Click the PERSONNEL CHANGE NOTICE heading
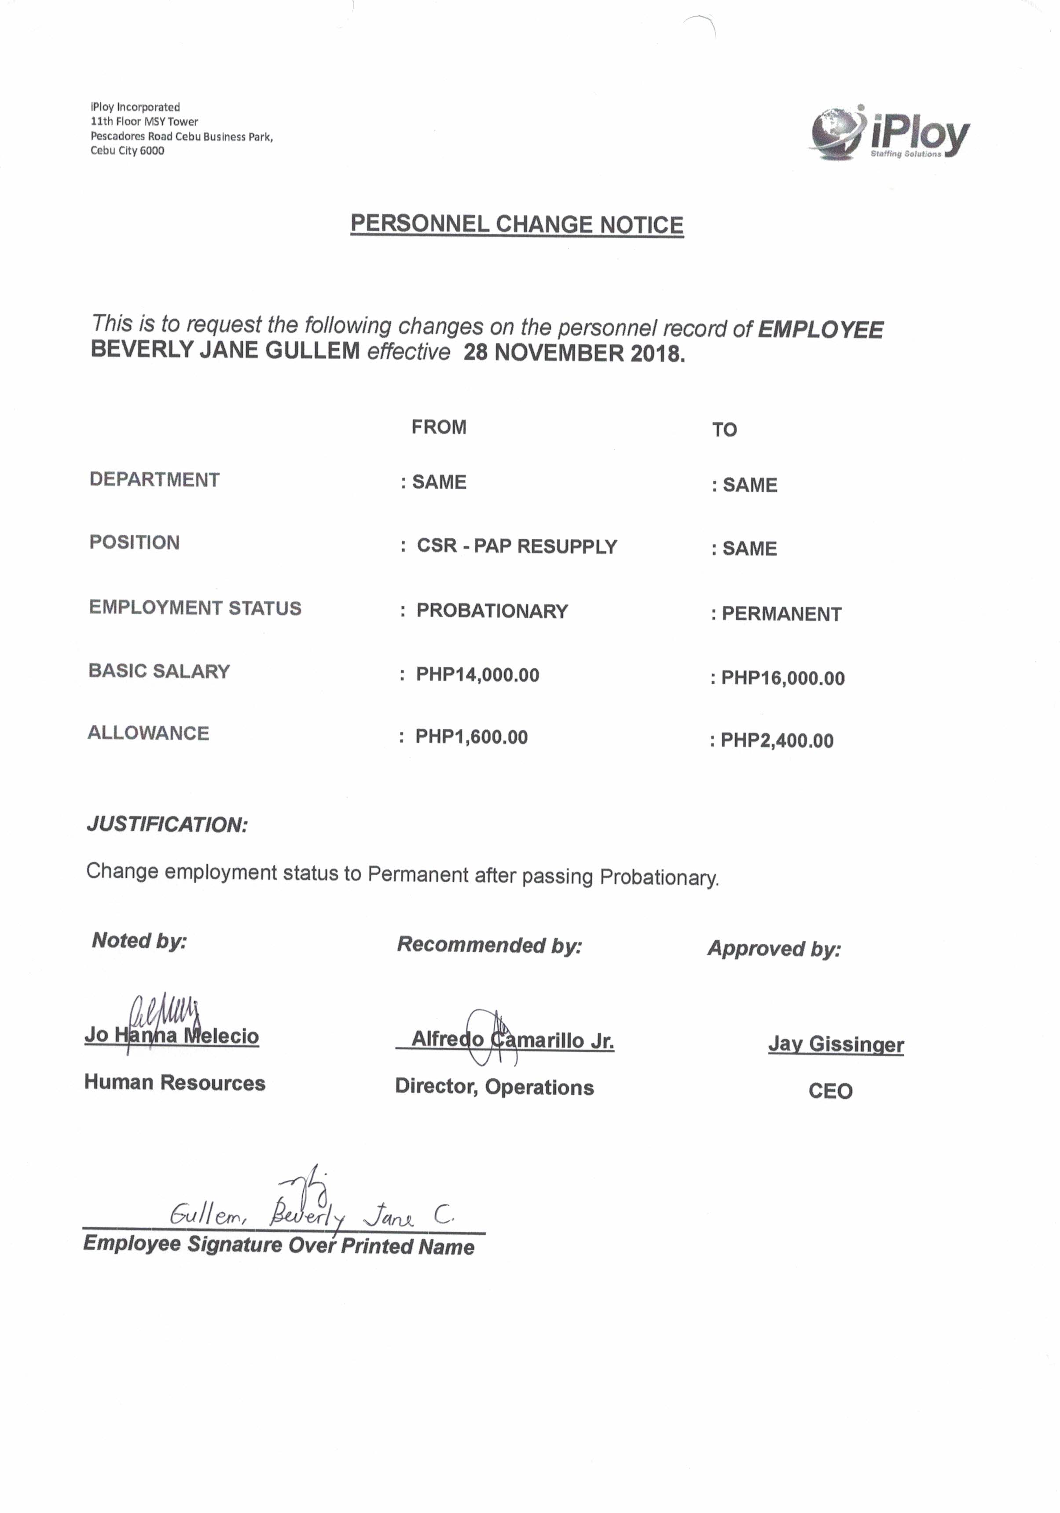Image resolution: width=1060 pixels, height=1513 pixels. [x=517, y=224]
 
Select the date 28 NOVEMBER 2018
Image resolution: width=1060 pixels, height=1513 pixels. [x=574, y=353]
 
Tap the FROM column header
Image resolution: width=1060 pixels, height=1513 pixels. [x=439, y=427]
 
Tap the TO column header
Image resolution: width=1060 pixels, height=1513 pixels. [x=724, y=430]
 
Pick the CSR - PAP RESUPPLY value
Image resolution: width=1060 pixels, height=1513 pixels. [x=517, y=546]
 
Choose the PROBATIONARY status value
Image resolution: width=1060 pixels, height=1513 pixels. [x=491, y=611]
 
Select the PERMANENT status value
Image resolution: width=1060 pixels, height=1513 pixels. [x=781, y=614]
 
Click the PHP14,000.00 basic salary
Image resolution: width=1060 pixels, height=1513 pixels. [x=477, y=675]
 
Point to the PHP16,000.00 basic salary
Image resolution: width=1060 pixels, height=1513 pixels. [x=783, y=678]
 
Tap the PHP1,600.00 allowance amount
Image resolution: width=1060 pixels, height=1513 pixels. [x=471, y=737]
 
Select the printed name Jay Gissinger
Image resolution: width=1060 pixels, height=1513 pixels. [x=835, y=1045]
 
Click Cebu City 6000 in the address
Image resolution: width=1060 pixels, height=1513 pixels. [x=127, y=150]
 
